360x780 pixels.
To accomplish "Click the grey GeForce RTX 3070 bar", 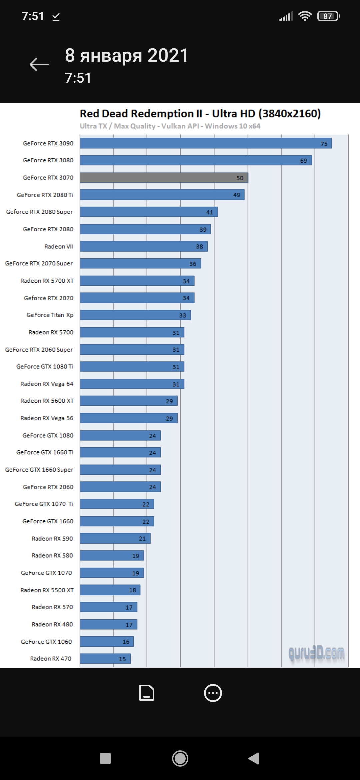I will (164, 178).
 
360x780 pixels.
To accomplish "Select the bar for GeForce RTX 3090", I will (206, 143).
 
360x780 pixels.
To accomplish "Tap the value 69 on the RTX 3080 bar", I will (303, 161).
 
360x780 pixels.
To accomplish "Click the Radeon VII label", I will (59, 246).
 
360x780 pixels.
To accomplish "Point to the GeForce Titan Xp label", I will (50, 315).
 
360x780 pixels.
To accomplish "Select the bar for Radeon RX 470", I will (105, 659).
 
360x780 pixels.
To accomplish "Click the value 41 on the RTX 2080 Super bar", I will (209, 212).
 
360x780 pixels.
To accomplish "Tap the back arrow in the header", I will (39, 64).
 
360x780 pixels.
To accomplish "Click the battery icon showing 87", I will (328, 16).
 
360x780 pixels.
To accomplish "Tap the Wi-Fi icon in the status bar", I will (305, 16).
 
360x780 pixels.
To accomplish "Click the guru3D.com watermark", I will (316, 654).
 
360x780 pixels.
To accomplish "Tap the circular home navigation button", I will (180, 758).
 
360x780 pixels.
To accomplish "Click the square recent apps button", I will (105, 758).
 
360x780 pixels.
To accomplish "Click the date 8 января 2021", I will (127, 55).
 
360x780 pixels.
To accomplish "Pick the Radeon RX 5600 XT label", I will (47, 401).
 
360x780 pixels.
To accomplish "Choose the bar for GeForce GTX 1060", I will (107, 642).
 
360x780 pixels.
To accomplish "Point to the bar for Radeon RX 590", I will (115, 538).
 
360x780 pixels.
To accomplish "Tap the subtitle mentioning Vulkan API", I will (170, 126).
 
